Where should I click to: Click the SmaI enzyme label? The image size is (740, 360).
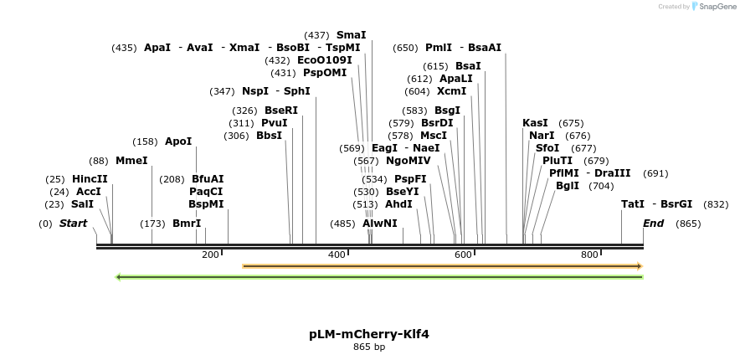(351, 35)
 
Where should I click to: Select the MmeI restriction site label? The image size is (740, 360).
(131, 161)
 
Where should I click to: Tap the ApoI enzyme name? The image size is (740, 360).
(178, 141)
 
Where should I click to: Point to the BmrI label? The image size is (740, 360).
(187, 224)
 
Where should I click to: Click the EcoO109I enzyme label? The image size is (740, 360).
(325, 60)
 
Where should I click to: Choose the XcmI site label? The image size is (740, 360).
(452, 91)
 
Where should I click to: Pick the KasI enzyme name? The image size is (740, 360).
(535, 123)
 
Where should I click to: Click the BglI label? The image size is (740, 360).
(567, 186)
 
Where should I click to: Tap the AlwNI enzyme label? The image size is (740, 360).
(380, 224)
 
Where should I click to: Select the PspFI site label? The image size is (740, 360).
(410, 179)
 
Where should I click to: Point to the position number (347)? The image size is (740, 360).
(222, 91)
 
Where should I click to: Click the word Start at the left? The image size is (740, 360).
(73, 224)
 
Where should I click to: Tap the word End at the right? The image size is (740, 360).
(653, 224)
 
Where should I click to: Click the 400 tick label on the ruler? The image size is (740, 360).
(337, 255)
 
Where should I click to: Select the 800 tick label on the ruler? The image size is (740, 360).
(589, 255)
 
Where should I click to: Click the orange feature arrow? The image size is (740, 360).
(442, 266)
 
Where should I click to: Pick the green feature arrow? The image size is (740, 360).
(379, 277)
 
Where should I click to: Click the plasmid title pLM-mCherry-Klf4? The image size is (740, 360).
(369, 333)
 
